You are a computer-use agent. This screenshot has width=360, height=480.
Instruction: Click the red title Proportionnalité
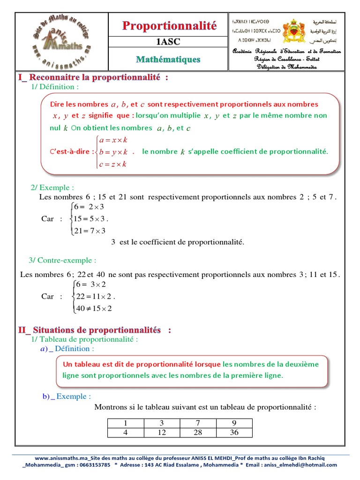click(x=169, y=26)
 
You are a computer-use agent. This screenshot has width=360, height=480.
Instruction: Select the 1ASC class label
click(x=168, y=42)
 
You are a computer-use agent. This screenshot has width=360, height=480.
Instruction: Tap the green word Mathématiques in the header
click(x=168, y=60)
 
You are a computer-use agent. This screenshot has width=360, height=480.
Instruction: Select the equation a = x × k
click(x=113, y=140)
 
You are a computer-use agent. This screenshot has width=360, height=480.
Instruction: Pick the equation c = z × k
click(x=113, y=164)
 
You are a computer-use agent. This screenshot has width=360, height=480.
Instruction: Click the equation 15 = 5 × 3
click(x=90, y=218)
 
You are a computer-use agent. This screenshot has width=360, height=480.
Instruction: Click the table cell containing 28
click(x=198, y=432)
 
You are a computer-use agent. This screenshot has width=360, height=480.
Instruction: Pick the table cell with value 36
click(x=234, y=432)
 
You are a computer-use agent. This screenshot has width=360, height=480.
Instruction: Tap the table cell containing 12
click(x=162, y=432)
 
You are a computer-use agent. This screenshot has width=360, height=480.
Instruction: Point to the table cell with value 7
click(x=198, y=423)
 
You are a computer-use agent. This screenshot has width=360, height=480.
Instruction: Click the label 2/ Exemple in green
click(x=52, y=187)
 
